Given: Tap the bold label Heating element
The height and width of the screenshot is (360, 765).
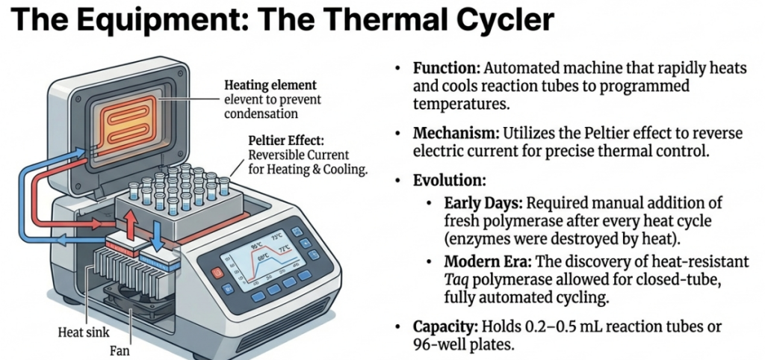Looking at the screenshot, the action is tap(270, 85).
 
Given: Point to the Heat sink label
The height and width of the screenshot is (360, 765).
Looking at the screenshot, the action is tap(84, 332).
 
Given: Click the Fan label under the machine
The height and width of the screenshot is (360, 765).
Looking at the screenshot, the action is tap(120, 350).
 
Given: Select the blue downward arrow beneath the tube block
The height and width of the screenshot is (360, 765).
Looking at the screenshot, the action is tap(157, 235).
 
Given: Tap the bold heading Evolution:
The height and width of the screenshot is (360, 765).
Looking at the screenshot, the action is tap(449, 181).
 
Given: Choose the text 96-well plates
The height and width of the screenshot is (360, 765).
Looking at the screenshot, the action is tap(463, 345).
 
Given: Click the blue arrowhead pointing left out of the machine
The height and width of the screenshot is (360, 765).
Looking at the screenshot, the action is tap(62, 240).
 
